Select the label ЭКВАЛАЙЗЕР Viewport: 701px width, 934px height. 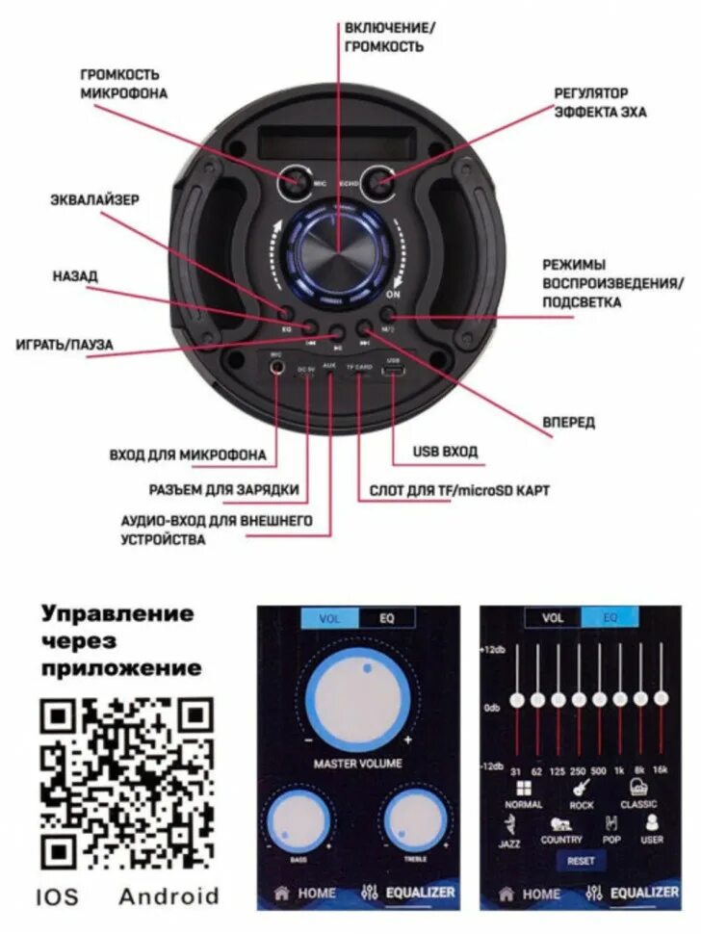coord(94,200)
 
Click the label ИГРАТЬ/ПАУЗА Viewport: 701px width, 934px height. coord(65,344)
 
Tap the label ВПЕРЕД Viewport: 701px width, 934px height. coord(568,422)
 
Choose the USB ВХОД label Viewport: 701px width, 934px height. coord(445,451)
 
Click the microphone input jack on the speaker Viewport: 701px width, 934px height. coord(277,368)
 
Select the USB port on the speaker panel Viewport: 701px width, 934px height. coord(393,372)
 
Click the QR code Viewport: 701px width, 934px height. coord(127,783)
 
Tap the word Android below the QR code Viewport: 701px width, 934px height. coord(169,896)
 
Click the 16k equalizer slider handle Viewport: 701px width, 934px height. coord(661,697)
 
